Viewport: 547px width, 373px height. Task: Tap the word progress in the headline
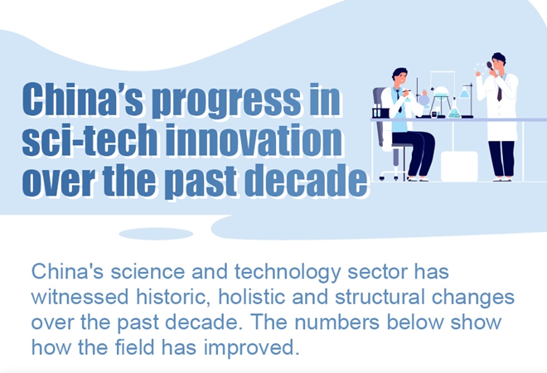[x=226, y=101]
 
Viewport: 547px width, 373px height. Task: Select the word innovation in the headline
[x=254, y=139]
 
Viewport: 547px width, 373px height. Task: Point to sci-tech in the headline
[x=90, y=139]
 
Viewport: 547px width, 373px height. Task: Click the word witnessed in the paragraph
[x=80, y=297]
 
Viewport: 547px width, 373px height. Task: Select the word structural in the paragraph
[x=380, y=297]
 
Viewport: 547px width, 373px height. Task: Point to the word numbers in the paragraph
[x=336, y=322]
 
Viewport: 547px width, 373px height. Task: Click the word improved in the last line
[x=251, y=348]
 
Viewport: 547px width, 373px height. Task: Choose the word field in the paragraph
[x=134, y=347]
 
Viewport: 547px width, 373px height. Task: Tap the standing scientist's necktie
[x=500, y=94]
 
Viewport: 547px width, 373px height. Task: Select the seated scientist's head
[x=399, y=76]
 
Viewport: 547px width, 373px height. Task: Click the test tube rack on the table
[x=380, y=111]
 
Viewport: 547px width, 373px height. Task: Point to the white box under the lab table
[x=459, y=166]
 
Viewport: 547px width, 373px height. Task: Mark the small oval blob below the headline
[x=156, y=234]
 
